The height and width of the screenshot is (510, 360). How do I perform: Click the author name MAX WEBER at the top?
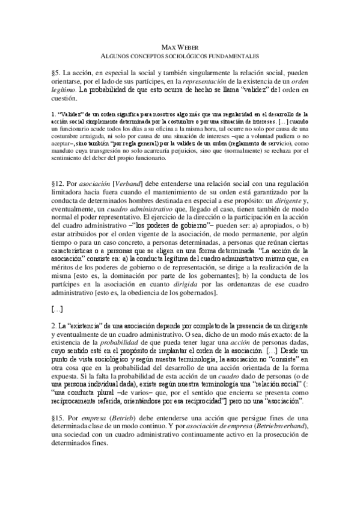[x=180, y=48]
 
